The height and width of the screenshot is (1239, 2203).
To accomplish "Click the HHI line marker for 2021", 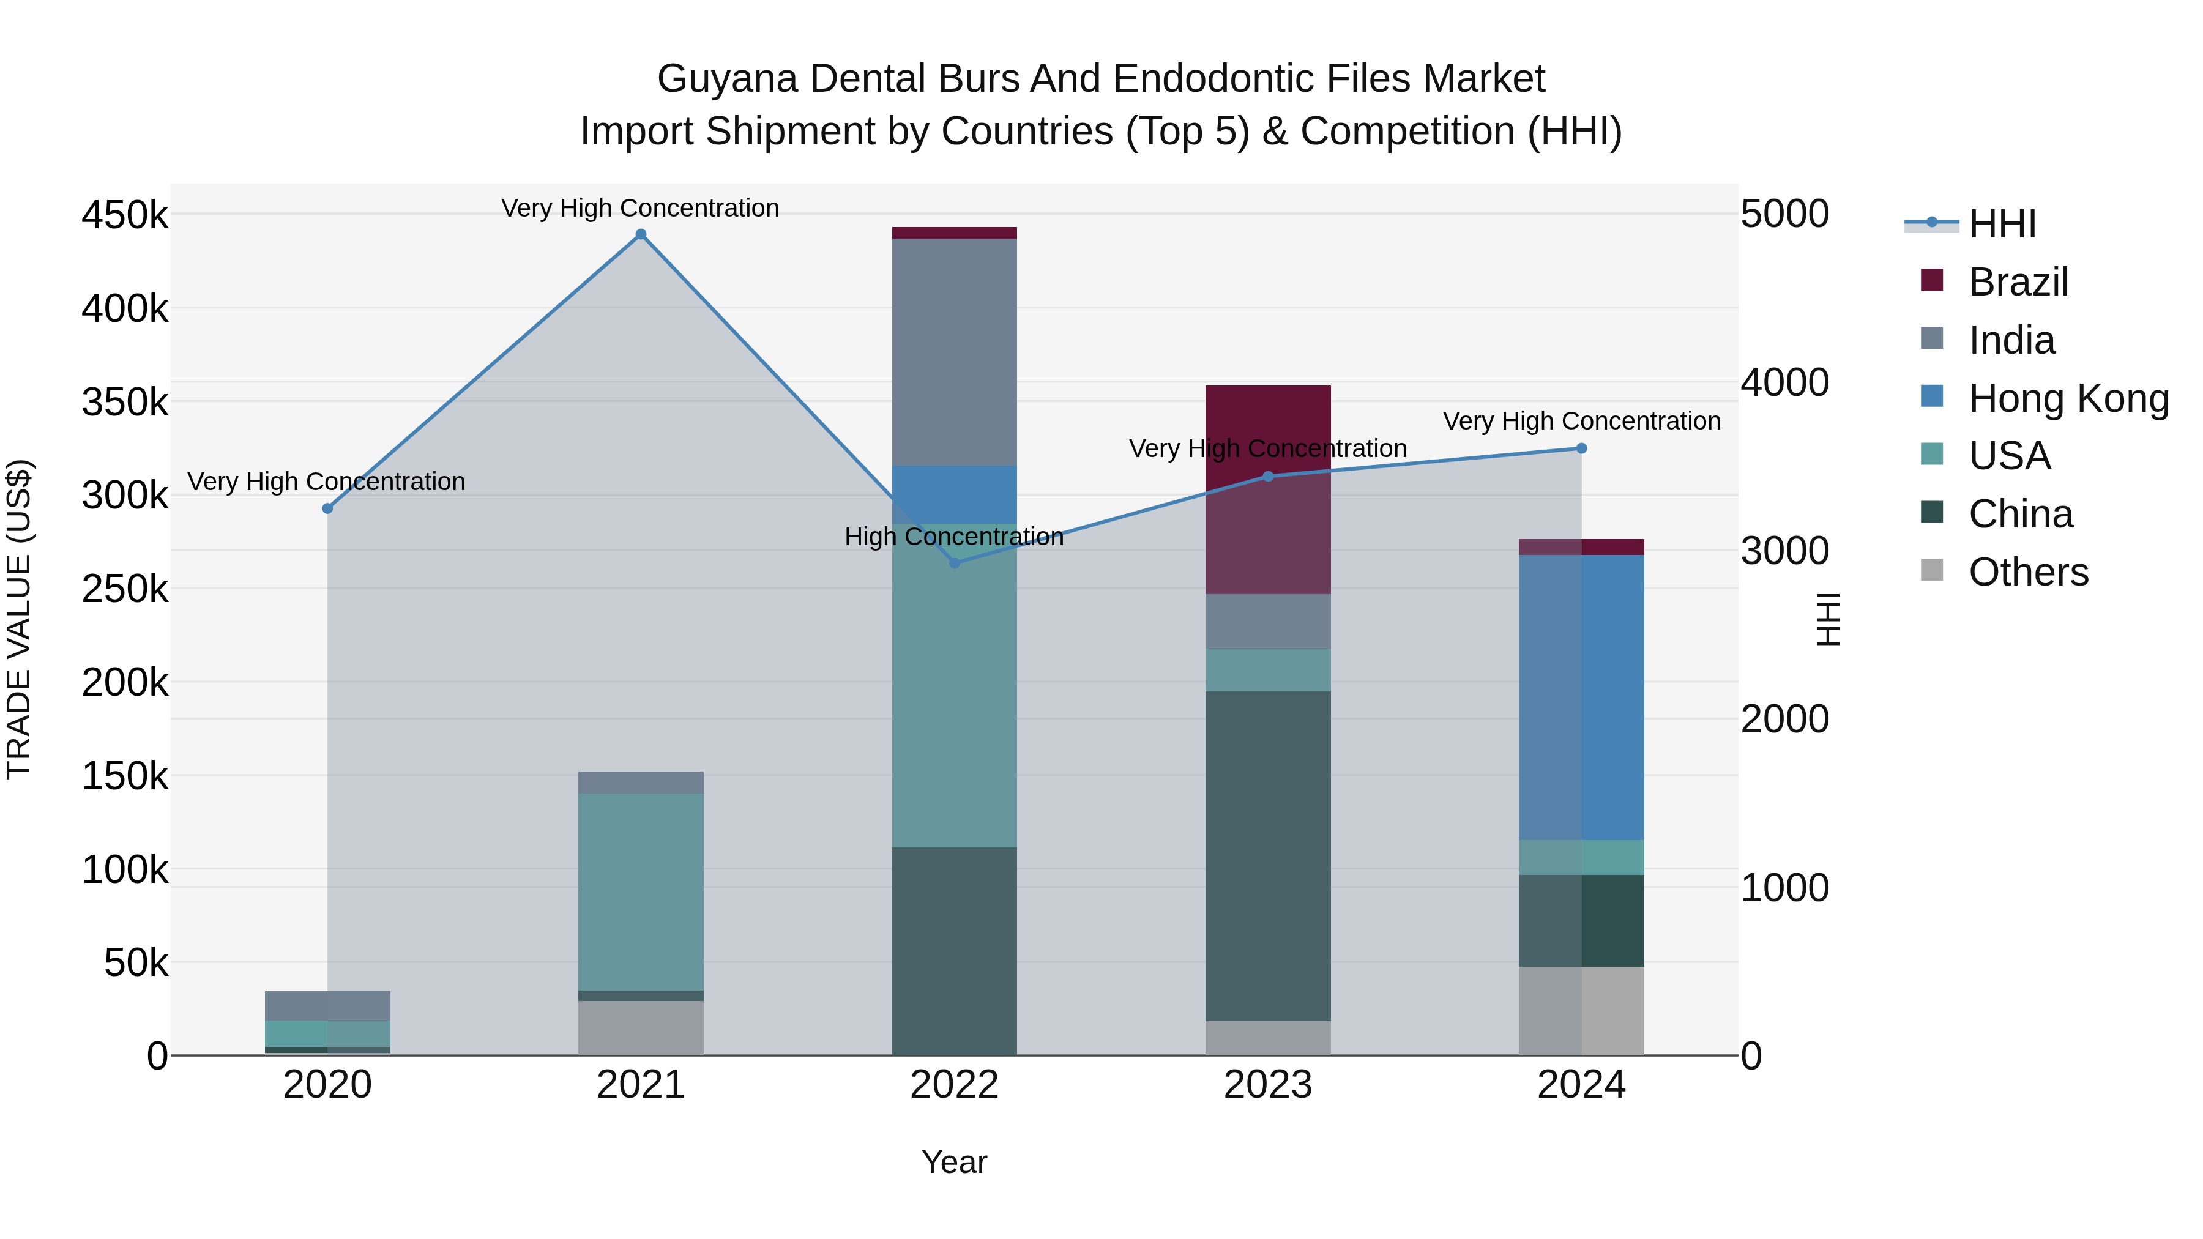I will coord(641,234).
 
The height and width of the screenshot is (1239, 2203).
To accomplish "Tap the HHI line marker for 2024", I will coord(1581,448).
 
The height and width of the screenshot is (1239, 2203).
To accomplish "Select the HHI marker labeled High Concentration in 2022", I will coord(955,563).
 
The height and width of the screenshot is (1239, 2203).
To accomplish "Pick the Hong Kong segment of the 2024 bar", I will coord(1581,697).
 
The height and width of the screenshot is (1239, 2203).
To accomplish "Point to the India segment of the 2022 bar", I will coord(955,351).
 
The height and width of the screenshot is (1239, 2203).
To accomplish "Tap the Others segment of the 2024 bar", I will coord(1581,1011).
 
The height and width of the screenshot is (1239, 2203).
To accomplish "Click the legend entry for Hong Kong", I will coord(2068,398).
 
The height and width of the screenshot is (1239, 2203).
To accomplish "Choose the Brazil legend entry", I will coord(2018,282).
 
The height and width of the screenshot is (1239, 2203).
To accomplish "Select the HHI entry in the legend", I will coord(2001,224).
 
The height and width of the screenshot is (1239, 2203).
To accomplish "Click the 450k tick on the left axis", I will coord(125,215).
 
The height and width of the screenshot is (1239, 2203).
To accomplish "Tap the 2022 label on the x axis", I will coord(955,1085).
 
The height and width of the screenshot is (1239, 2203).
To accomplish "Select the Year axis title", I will coord(955,1162).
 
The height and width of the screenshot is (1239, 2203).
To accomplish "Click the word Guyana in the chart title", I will coord(727,79).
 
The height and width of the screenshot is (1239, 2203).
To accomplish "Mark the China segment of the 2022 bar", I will coord(955,951).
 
